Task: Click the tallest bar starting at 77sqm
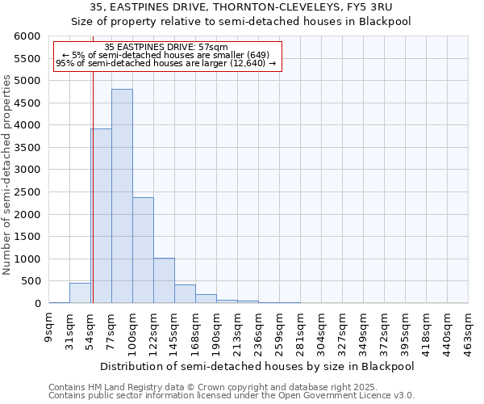(x=122, y=196)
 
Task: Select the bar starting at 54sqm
(x=101, y=216)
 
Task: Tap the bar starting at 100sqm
(x=143, y=250)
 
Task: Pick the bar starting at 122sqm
(x=164, y=280)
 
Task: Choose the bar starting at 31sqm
(x=80, y=293)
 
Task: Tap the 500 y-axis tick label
(x=31, y=281)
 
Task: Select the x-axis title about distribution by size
(x=258, y=366)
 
